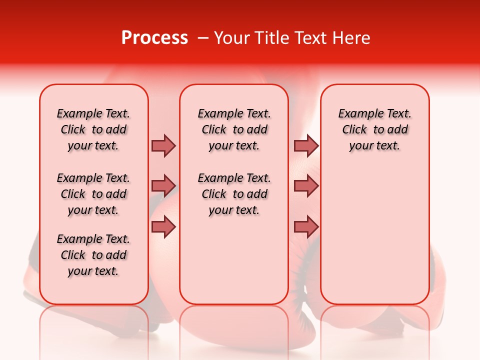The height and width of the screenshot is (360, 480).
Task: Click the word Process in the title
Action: pyautogui.click(x=154, y=38)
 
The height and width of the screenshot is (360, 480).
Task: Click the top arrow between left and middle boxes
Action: pyautogui.click(x=163, y=145)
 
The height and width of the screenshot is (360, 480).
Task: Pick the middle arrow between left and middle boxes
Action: pyautogui.click(x=163, y=186)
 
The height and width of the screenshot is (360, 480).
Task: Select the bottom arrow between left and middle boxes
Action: pyautogui.click(x=163, y=227)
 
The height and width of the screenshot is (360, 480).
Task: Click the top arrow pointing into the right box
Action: pyautogui.click(x=306, y=145)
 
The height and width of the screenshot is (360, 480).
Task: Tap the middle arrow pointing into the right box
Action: pyautogui.click(x=306, y=186)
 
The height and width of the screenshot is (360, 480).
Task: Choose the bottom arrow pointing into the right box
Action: pyautogui.click(x=306, y=227)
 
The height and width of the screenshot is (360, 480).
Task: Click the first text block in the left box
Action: pyautogui.click(x=93, y=129)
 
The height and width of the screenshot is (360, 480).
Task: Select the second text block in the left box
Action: pyautogui.click(x=93, y=194)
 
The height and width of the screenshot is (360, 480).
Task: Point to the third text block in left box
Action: pyautogui.click(x=93, y=255)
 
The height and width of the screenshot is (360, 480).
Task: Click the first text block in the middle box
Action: pyautogui.click(x=234, y=129)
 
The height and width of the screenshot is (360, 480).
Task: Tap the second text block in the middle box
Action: pyautogui.click(x=234, y=194)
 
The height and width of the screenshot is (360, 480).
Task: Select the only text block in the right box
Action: pyautogui.click(x=375, y=129)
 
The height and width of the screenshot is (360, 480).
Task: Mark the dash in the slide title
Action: pyautogui.click(x=203, y=38)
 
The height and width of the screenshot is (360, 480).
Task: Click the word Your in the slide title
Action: pyautogui.click(x=233, y=38)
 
